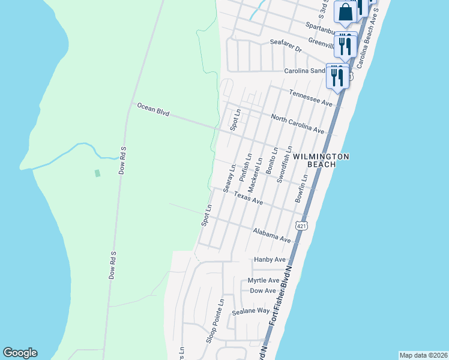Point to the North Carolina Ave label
point(297,124)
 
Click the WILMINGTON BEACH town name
point(321,160)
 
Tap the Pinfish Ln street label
point(244,168)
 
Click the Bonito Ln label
point(273,160)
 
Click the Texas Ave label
point(248,199)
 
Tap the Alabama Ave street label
point(272,235)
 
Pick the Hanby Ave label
point(270,260)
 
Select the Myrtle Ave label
point(264,280)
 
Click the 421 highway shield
point(301,225)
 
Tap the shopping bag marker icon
point(346,12)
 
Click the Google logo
point(20,353)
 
